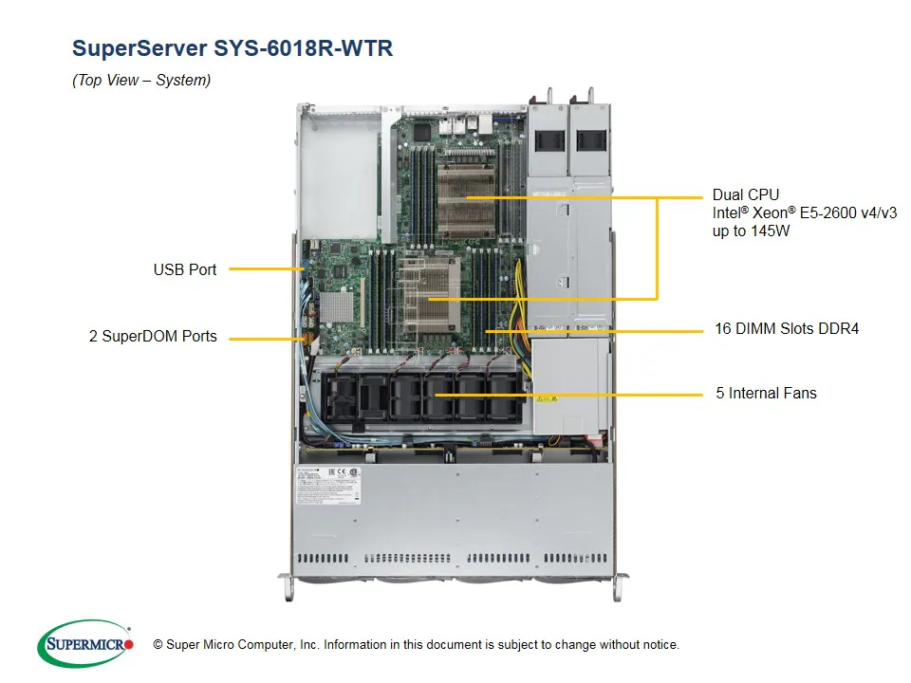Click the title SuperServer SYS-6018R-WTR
232,48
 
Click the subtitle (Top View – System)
141,81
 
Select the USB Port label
185,269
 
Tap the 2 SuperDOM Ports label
153,336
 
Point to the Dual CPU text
746,194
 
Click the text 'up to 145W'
752,231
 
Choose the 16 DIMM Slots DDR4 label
786,329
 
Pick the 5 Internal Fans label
766,393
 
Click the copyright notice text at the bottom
416,645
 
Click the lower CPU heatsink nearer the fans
429,294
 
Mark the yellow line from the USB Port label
266,269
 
